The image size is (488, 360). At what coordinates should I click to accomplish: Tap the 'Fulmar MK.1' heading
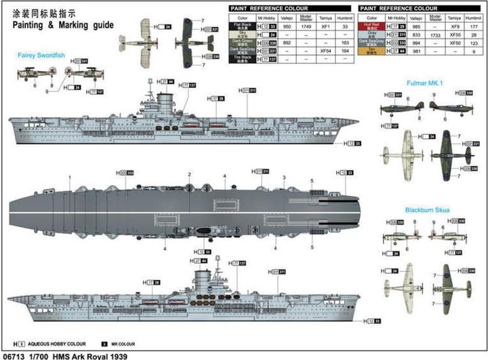pyautogui.click(x=426, y=83)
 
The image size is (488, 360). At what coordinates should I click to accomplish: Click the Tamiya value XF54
pyautogui.click(x=325, y=51)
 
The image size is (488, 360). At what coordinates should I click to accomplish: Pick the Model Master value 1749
pyautogui.click(x=306, y=26)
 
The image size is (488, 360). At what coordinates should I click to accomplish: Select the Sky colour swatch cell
pyautogui.click(x=242, y=34)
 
